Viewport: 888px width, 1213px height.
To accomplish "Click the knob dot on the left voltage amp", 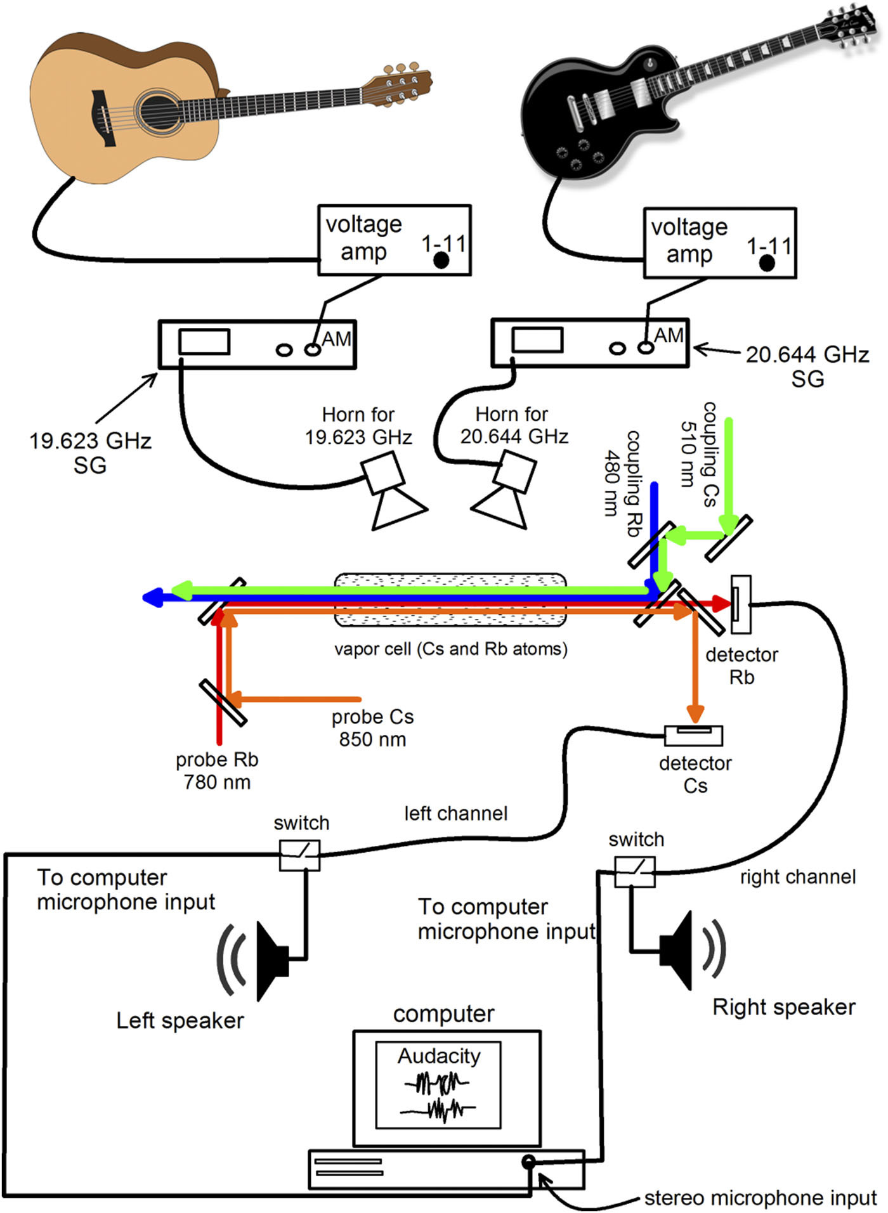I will [x=441, y=261].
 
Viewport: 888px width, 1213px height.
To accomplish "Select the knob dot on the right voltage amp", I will [x=767, y=263].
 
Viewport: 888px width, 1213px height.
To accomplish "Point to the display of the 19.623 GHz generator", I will [x=204, y=342].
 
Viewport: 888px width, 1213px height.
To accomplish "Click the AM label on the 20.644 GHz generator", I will [x=669, y=335].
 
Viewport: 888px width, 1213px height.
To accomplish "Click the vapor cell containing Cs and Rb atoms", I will [x=450, y=600].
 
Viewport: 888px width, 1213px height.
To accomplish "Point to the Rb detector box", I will [x=741, y=604].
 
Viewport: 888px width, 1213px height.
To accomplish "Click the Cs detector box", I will [x=693, y=735].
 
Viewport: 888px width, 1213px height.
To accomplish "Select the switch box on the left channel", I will [x=299, y=855].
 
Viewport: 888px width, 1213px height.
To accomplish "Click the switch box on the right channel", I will [x=634, y=872].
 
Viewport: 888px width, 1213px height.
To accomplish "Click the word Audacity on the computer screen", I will [x=439, y=1056].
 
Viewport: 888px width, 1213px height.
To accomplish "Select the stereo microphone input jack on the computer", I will [x=528, y=1162].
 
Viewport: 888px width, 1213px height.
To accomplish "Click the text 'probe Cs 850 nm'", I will [x=372, y=728].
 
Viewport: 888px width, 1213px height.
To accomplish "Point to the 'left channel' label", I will [x=456, y=814].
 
